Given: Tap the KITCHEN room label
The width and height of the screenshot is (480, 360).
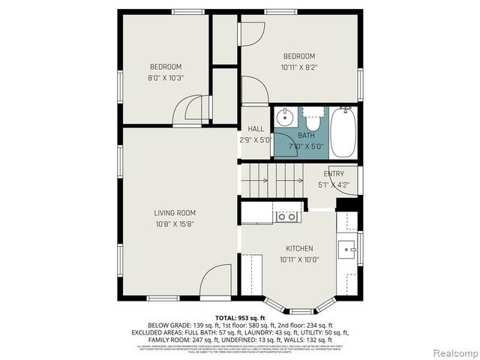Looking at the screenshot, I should [x=299, y=249].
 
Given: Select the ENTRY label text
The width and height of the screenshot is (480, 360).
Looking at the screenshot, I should [x=334, y=174].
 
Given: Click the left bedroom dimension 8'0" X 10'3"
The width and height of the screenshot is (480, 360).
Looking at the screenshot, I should [x=165, y=77].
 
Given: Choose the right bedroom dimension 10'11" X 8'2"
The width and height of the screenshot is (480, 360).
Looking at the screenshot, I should [x=298, y=67].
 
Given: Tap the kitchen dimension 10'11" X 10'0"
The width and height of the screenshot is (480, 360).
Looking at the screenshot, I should [x=299, y=259].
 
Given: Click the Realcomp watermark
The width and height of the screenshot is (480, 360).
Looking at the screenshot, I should [x=453, y=352].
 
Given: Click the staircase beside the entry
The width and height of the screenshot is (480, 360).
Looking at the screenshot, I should [x=270, y=181].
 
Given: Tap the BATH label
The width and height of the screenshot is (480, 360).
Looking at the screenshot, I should [x=306, y=136].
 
